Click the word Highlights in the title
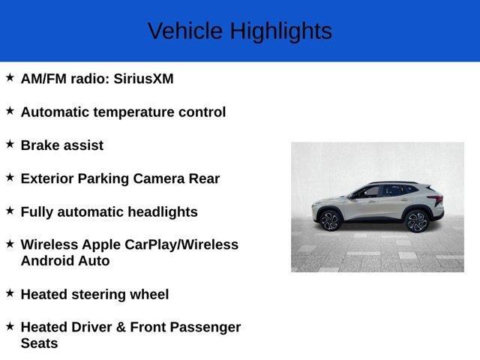coord(280,31)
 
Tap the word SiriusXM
coord(144,79)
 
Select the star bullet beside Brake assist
coord(10,143)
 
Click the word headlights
coord(163,211)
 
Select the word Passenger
coord(202,327)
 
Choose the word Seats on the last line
coord(40,343)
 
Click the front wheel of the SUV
coord(331,220)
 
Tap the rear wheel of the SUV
coord(417,220)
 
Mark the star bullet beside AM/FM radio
coord(10,76)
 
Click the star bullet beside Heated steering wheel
coord(10,292)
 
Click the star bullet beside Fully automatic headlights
coord(10,210)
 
